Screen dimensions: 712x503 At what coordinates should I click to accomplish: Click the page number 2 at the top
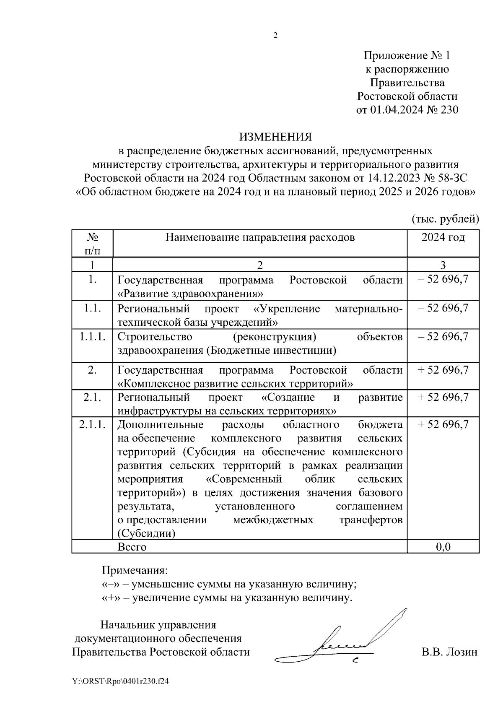point(275,36)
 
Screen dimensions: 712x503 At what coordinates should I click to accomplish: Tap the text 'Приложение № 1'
point(407,56)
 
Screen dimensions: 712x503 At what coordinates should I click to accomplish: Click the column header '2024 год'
point(443,238)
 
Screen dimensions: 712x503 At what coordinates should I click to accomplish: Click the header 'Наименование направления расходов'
point(260,238)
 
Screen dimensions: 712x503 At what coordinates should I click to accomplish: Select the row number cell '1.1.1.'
point(92,337)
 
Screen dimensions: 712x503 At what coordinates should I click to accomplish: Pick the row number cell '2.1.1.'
point(92,424)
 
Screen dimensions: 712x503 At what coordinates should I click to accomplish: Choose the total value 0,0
point(443,547)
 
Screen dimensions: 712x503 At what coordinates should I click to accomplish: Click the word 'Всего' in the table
point(132,547)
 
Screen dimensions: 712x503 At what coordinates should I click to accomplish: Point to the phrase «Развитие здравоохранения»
point(191,293)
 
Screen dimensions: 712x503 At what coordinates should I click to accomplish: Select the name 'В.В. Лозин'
point(449,652)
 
